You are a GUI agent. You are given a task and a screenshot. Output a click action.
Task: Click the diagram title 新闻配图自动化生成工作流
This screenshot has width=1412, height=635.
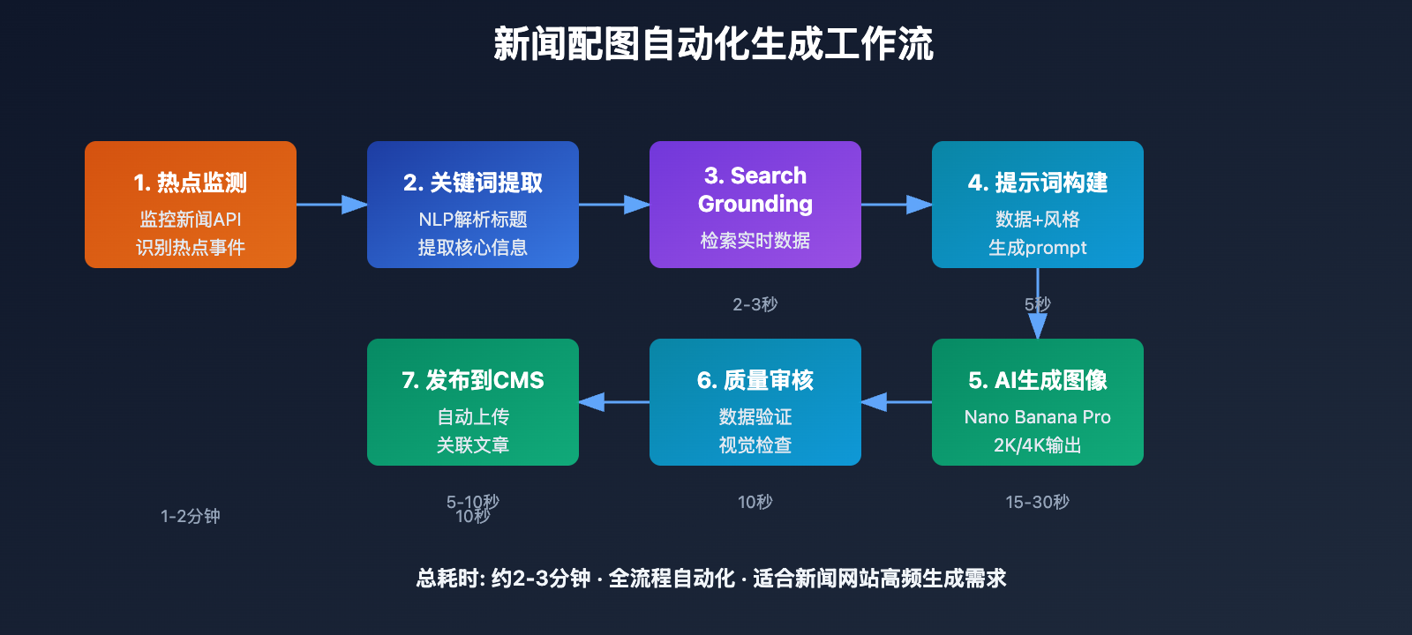pos(713,44)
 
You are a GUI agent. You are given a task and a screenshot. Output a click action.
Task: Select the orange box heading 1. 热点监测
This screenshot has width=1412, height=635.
pos(191,183)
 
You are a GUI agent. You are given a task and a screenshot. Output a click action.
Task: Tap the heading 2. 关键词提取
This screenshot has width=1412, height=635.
pos(473,183)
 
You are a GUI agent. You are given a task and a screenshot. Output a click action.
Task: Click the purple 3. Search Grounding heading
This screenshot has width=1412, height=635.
pos(755,190)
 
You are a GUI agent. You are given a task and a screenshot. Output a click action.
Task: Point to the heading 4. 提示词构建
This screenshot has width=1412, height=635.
pos(1038,183)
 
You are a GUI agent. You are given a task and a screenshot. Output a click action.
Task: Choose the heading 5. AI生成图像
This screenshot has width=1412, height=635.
pos(1038,380)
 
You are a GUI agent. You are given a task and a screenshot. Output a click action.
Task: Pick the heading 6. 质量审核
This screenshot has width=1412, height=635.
pos(755,380)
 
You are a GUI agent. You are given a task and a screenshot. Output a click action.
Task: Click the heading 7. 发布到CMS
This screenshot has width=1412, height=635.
pos(473,380)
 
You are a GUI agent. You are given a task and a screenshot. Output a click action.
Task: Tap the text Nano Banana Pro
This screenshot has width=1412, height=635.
pos(1038,417)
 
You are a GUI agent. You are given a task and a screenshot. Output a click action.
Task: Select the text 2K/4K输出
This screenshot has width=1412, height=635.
pos(1038,445)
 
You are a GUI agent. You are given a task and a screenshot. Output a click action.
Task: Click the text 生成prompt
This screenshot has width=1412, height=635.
pos(1038,248)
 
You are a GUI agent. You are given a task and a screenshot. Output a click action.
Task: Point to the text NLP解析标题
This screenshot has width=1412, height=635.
pos(473,220)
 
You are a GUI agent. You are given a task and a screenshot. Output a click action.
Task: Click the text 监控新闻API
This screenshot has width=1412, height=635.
pos(191,220)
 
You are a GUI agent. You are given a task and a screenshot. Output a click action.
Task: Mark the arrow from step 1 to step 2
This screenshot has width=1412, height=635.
pos(332,205)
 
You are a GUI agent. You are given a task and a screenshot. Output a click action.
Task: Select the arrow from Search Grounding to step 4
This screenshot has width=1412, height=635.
pos(897,205)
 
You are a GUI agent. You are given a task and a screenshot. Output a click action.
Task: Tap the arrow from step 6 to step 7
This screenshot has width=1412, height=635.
pos(614,402)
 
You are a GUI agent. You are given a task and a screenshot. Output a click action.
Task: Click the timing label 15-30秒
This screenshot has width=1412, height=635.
pos(1038,502)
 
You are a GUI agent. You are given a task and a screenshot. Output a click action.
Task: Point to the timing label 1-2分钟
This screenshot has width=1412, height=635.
pos(191,516)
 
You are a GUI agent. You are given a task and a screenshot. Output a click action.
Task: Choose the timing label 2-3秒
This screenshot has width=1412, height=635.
pos(755,304)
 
